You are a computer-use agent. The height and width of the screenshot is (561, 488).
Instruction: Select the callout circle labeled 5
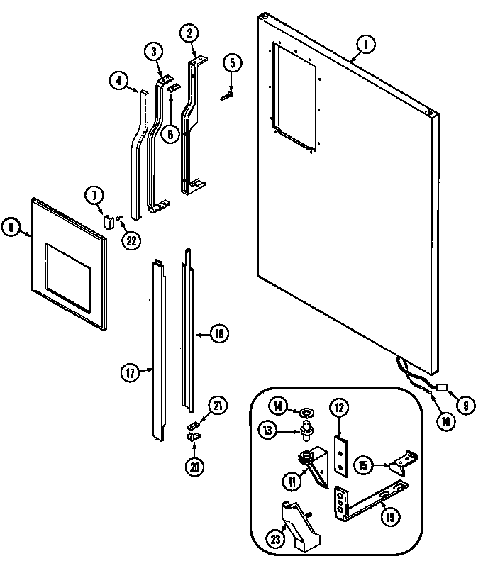pyautogui.click(x=231, y=62)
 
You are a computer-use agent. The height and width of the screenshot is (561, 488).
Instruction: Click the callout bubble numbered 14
pyautogui.click(x=278, y=407)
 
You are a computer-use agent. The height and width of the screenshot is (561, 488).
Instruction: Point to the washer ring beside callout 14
pyautogui.click(x=306, y=411)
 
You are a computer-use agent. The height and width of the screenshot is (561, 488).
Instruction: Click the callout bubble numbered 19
pyautogui.click(x=388, y=517)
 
